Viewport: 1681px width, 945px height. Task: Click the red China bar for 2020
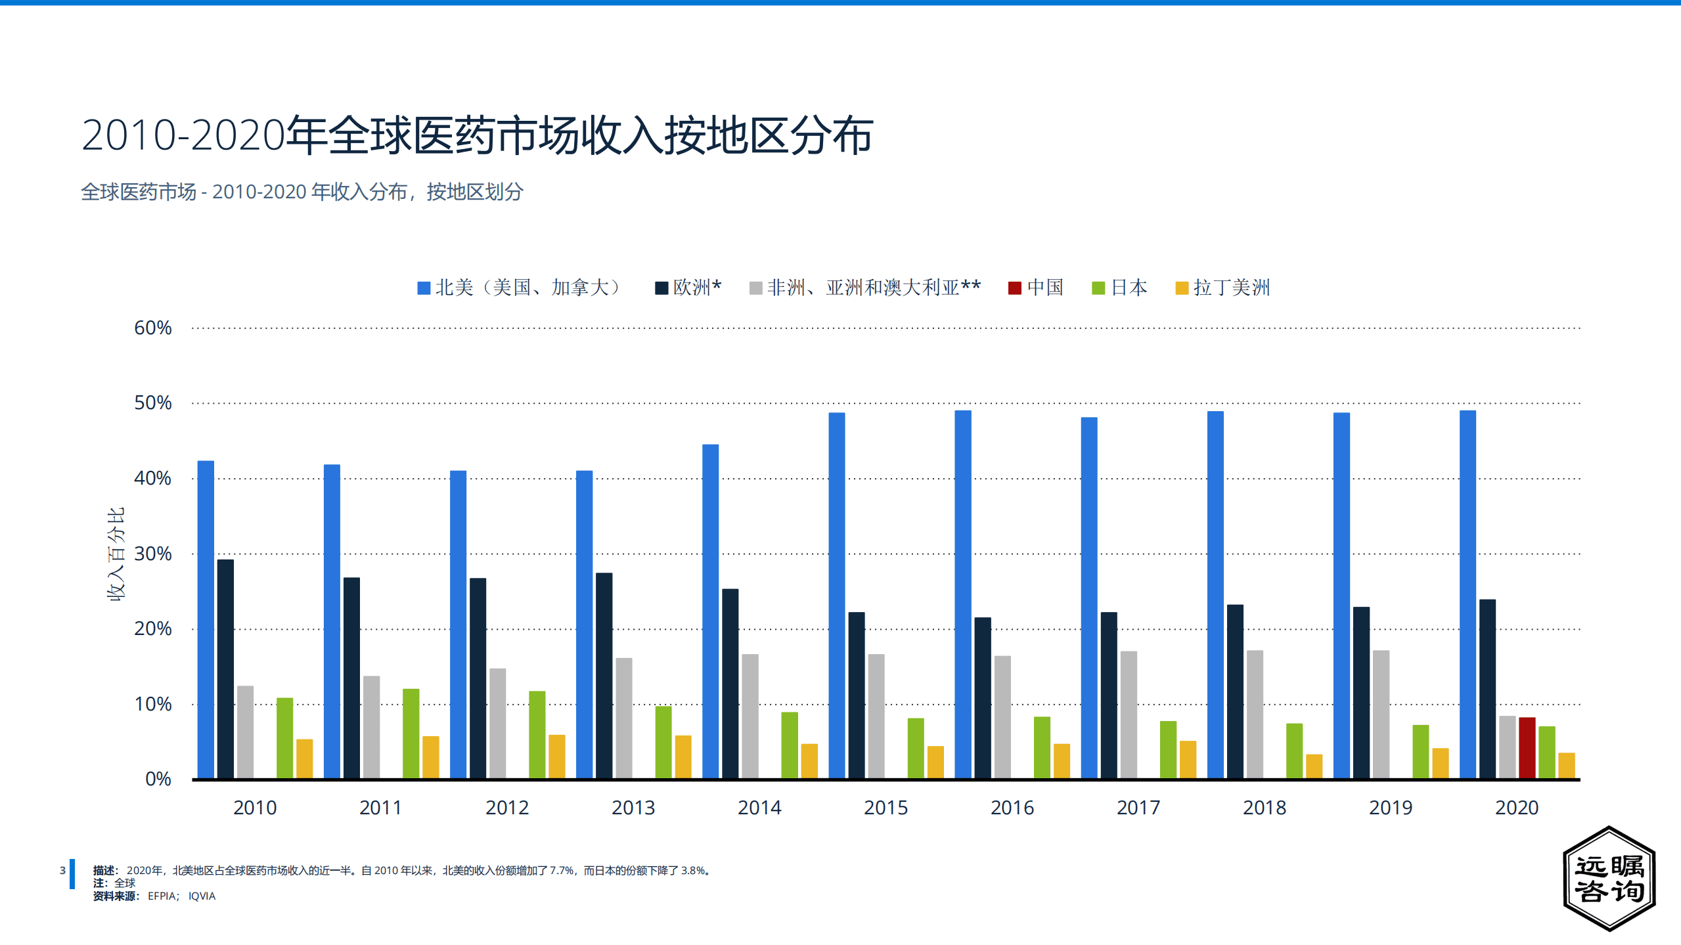point(1527,748)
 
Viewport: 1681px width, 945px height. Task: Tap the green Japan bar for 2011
point(411,734)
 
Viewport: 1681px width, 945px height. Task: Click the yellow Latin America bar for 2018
point(1314,766)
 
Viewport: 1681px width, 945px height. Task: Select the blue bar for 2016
point(962,594)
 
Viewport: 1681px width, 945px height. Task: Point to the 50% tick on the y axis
point(152,403)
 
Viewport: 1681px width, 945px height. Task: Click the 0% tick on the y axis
point(158,779)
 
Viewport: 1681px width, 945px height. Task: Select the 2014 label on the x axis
point(759,807)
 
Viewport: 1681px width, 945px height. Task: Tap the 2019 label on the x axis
point(1390,807)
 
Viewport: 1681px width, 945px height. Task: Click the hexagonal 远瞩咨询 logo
point(1609,878)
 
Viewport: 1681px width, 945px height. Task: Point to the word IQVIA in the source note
point(202,896)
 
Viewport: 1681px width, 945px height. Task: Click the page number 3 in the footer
point(62,870)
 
